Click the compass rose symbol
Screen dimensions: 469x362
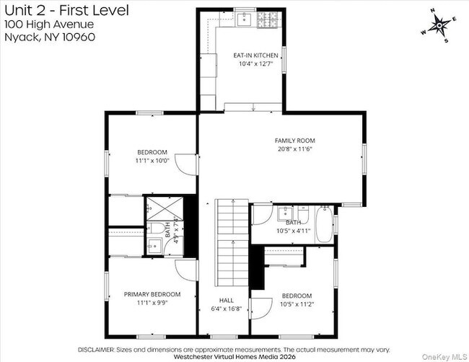click(439, 26)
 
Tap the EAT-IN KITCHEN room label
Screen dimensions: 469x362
click(255, 56)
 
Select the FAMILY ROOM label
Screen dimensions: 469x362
click(295, 141)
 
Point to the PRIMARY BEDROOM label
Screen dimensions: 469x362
click(152, 294)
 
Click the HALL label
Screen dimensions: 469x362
click(227, 301)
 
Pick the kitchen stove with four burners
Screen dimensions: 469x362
click(268, 19)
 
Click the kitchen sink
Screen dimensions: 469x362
click(245, 19)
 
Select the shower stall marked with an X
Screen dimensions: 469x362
click(165, 208)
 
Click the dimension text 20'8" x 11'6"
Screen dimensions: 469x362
click(295, 149)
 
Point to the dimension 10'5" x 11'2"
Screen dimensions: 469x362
click(297, 304)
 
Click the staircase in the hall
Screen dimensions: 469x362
click(233, 243)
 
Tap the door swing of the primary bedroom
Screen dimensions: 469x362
click(186, 270)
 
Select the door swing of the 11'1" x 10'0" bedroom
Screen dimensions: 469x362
click(186, 164)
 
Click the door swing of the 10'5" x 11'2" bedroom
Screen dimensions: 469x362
click(261, 309)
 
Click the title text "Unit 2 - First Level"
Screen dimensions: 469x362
click(66, 11)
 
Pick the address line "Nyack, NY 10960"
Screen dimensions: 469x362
click(50, 37)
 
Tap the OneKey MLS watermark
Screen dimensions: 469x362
click(444, 357)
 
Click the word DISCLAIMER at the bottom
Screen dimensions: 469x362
click(96, 350)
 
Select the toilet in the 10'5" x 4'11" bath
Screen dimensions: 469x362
click(303, 213)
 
